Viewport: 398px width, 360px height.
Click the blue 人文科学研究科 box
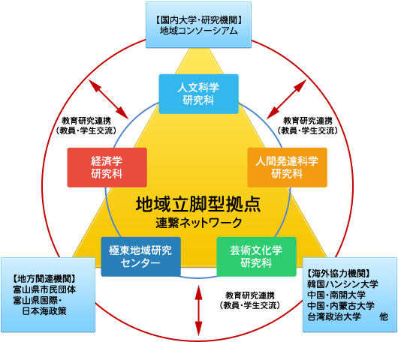(198, 94)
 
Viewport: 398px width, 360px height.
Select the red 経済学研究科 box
(107, 167)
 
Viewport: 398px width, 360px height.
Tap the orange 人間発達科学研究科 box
(287, 167)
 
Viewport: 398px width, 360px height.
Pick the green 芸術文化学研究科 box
(256, 256)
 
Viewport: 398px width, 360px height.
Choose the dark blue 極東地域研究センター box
(141, 256)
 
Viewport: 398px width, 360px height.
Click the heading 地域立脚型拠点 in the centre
(198, 204)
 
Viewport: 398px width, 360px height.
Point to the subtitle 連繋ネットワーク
(199, 223)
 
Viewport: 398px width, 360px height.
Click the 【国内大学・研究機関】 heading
(198, 20)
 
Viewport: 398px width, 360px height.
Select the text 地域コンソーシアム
(198, 31)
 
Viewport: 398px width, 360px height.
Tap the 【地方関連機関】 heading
(44, 279)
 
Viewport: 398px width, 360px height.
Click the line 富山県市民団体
(44, 289)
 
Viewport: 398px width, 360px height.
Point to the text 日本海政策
(44, 310)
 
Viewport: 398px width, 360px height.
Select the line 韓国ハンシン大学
(342, 284)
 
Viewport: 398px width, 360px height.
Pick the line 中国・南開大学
(336, 295)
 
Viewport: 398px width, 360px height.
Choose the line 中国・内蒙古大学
(341, 305)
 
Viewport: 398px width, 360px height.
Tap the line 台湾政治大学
(334, 316)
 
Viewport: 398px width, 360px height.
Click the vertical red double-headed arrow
(198, 310)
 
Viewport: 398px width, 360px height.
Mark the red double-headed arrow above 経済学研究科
(108, 100)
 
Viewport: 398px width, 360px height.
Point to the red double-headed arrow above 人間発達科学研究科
(287, 100)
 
